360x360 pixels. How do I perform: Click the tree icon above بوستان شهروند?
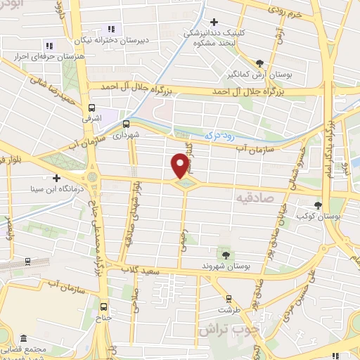click(225, 254)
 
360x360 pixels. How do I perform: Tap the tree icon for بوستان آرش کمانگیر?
click(260, 63)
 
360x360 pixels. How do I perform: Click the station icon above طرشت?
click(226, 297)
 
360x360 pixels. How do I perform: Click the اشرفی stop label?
click(91, 119)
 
